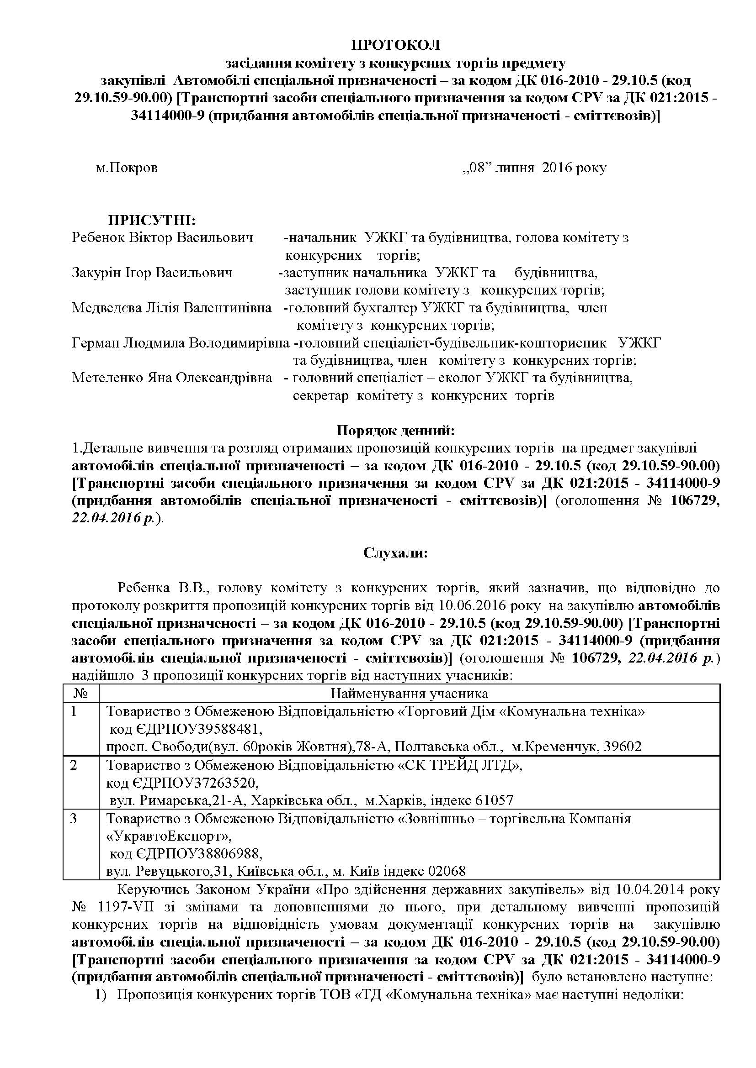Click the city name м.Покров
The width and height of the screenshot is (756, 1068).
click(127, 168)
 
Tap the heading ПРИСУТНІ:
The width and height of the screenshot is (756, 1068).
click(152, 220)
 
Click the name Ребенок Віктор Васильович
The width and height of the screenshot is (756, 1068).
click(162, 238)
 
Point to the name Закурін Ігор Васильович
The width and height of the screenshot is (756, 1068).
click(152, 273)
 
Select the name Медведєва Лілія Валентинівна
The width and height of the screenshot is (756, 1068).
click(171, 308)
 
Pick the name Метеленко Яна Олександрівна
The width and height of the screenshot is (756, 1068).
click(172, 378)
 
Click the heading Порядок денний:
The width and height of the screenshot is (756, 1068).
click(395, 431)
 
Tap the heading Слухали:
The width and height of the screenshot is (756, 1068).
click(395, 553)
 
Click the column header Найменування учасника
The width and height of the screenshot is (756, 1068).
click(409, 694)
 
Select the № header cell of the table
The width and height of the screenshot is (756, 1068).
click(81, 694)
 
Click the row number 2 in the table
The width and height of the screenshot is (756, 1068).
click(74, 765)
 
